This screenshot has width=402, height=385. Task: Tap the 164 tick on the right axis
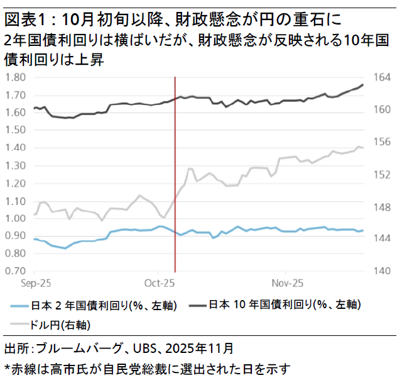[x=382, y=77]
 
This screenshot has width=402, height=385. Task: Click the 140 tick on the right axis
[x=382, y=271]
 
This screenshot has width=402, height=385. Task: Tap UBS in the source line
[x=146, y=348]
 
